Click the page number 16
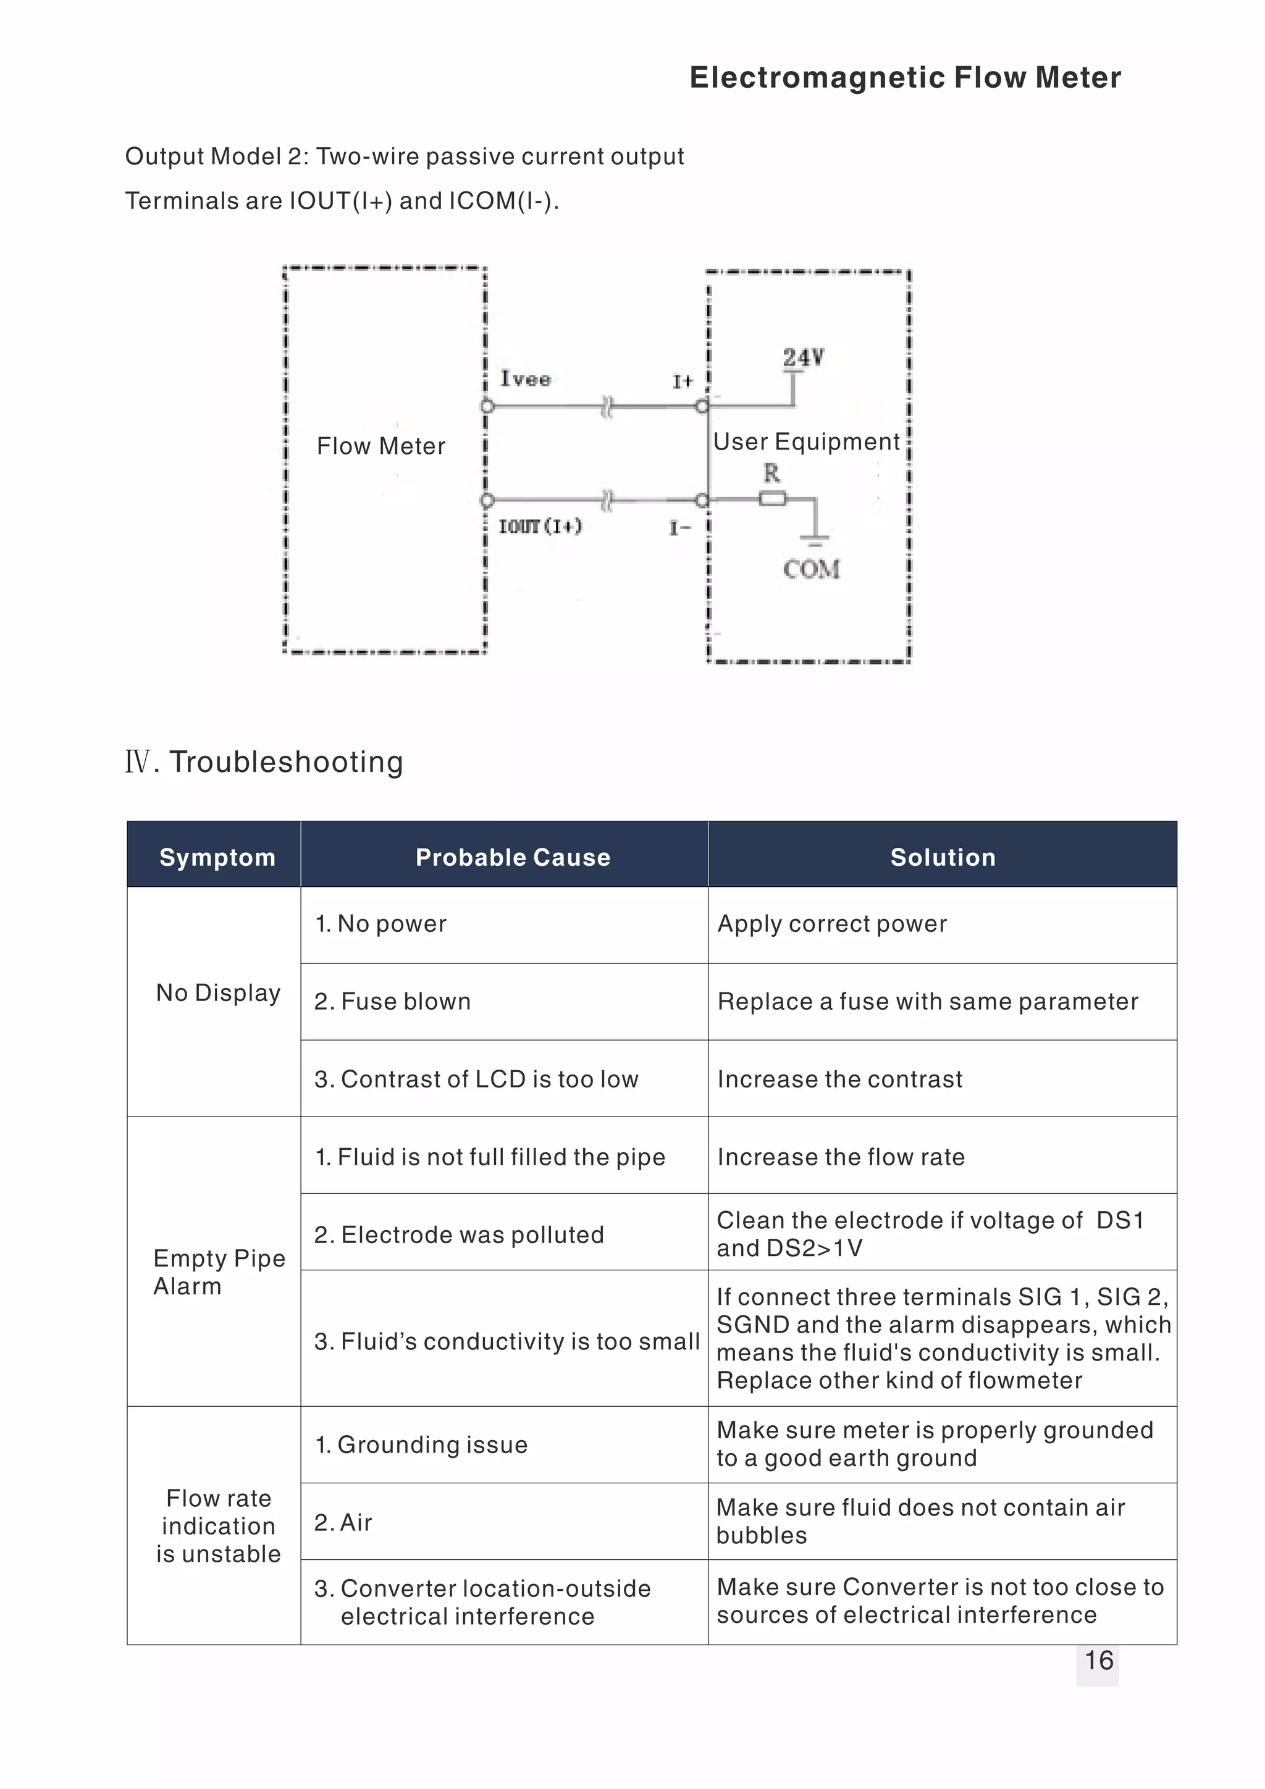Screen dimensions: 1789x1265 (x=1098, y=1661)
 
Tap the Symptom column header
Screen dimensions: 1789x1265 (x=217, y=857)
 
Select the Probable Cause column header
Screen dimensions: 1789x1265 (x=513, y=857)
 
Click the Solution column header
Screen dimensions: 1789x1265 (x=943, y=857)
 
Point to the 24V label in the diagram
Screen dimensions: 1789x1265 (x=804, y=358)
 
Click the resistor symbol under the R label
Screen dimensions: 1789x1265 (x=773, y=500)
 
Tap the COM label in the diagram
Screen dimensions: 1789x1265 (x=812, y=569)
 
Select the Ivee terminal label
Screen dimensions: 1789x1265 (x=525, y=379)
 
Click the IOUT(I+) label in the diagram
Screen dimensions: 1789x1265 (x=540, y=527)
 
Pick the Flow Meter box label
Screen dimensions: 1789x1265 (x=381, y=446)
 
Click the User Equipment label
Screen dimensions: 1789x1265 (x=807, y=442)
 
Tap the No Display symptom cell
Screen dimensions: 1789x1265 (x=218, y=992)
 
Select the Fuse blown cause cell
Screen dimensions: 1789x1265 (x=393, y=1001)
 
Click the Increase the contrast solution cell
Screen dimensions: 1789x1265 (x=840, y=1079)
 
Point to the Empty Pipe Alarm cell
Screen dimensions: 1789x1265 (x=219, y=1272)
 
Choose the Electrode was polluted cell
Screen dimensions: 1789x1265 (x=459, y=1234)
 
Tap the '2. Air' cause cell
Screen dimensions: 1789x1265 (x=343, y=1522)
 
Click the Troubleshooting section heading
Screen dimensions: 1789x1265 (x=264, y=761)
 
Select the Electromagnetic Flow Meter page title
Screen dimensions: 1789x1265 (x=906, y=77)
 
